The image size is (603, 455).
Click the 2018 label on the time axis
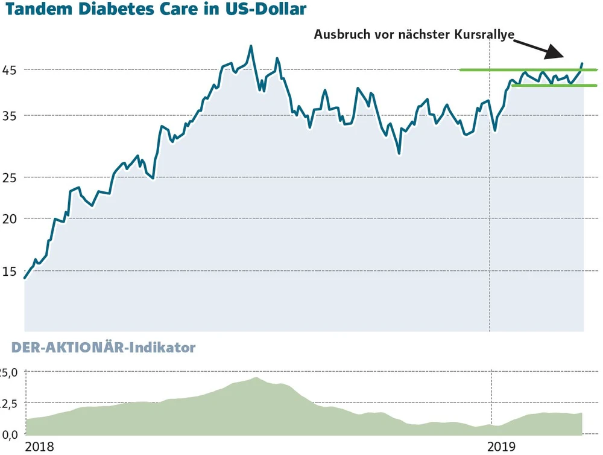(39, 447)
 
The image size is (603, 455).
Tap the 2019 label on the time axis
(501, 447)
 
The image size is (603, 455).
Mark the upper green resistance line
(519, 70)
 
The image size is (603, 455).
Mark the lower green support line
(543, 85)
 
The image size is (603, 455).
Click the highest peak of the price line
(251, 46)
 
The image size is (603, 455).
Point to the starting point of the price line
(25, 278)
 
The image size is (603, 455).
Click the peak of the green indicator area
(256, 378)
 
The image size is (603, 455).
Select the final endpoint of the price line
(582, 63)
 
